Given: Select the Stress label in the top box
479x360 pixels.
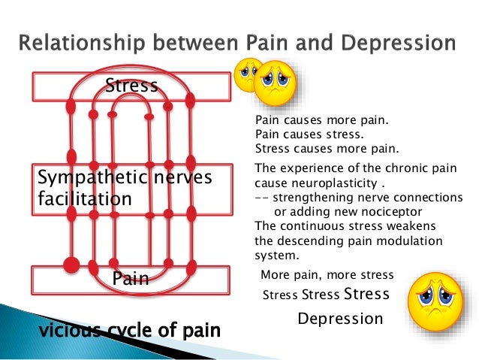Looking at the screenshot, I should (132, 85).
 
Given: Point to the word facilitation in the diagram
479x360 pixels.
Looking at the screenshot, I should (84, 200).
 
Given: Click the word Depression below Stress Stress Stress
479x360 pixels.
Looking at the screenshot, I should (340, 319).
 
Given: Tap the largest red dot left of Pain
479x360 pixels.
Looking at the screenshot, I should (71, 265).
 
